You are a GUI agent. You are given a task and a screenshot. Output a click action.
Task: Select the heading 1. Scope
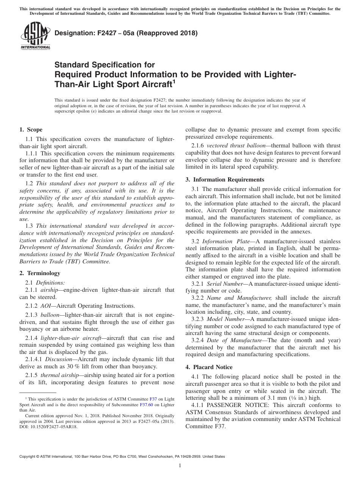[x=31, y=130]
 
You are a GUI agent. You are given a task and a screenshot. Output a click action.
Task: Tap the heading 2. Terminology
[x=40, y=273]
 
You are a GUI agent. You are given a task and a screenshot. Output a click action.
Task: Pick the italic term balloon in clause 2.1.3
[x=50, y=315]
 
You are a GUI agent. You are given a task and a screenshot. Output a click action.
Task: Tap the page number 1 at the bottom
[x=180, y=466]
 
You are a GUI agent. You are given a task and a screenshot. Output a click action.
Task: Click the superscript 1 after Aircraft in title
[x=174, y=81]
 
